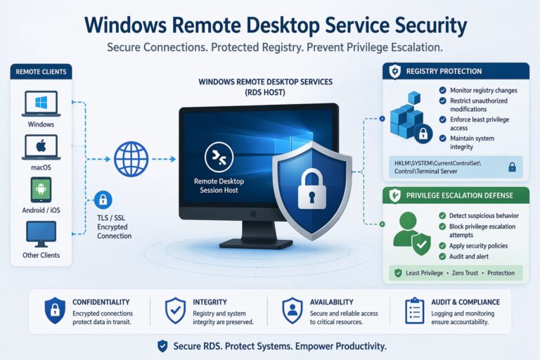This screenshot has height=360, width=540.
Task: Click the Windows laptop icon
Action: tap(41, 103)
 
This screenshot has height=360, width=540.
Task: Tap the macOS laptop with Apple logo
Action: tap(41, 147)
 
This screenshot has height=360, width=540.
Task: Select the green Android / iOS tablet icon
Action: tap(41, 190)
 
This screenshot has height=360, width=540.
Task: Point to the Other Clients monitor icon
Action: tap(41, 233)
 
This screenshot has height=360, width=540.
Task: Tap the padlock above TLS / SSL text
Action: tap(103, 199)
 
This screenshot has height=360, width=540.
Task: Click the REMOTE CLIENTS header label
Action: tap(41, 72)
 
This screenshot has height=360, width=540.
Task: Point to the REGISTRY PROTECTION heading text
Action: tap(444, 71)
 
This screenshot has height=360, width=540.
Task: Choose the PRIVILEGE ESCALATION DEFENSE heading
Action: tap(459, 195)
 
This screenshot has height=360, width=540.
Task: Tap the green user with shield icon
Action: tap(411, 232)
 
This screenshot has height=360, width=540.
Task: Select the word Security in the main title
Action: tap(420, 26)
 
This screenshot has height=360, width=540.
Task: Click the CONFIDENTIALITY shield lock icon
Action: tap(54, 311)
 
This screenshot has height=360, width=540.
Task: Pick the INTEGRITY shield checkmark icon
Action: tap(174, 311)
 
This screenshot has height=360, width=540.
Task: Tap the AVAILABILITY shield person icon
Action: tap(291, 311)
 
